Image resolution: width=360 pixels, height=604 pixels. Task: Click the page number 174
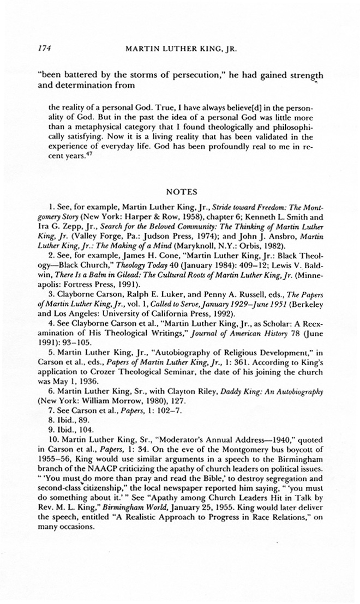pyautogui.click(x=44, y=47)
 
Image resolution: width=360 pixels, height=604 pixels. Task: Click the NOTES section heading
pyautogui.click(x=180, y=192)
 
